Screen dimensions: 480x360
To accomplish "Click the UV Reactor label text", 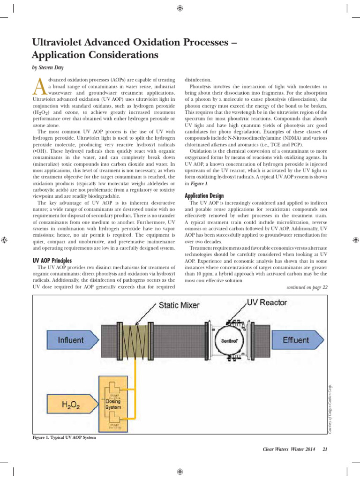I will click(x=267, y=302).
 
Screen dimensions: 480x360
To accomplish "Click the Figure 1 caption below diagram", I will click(x=64, y=437).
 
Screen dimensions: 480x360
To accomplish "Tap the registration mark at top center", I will click(x=180, y=8).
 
